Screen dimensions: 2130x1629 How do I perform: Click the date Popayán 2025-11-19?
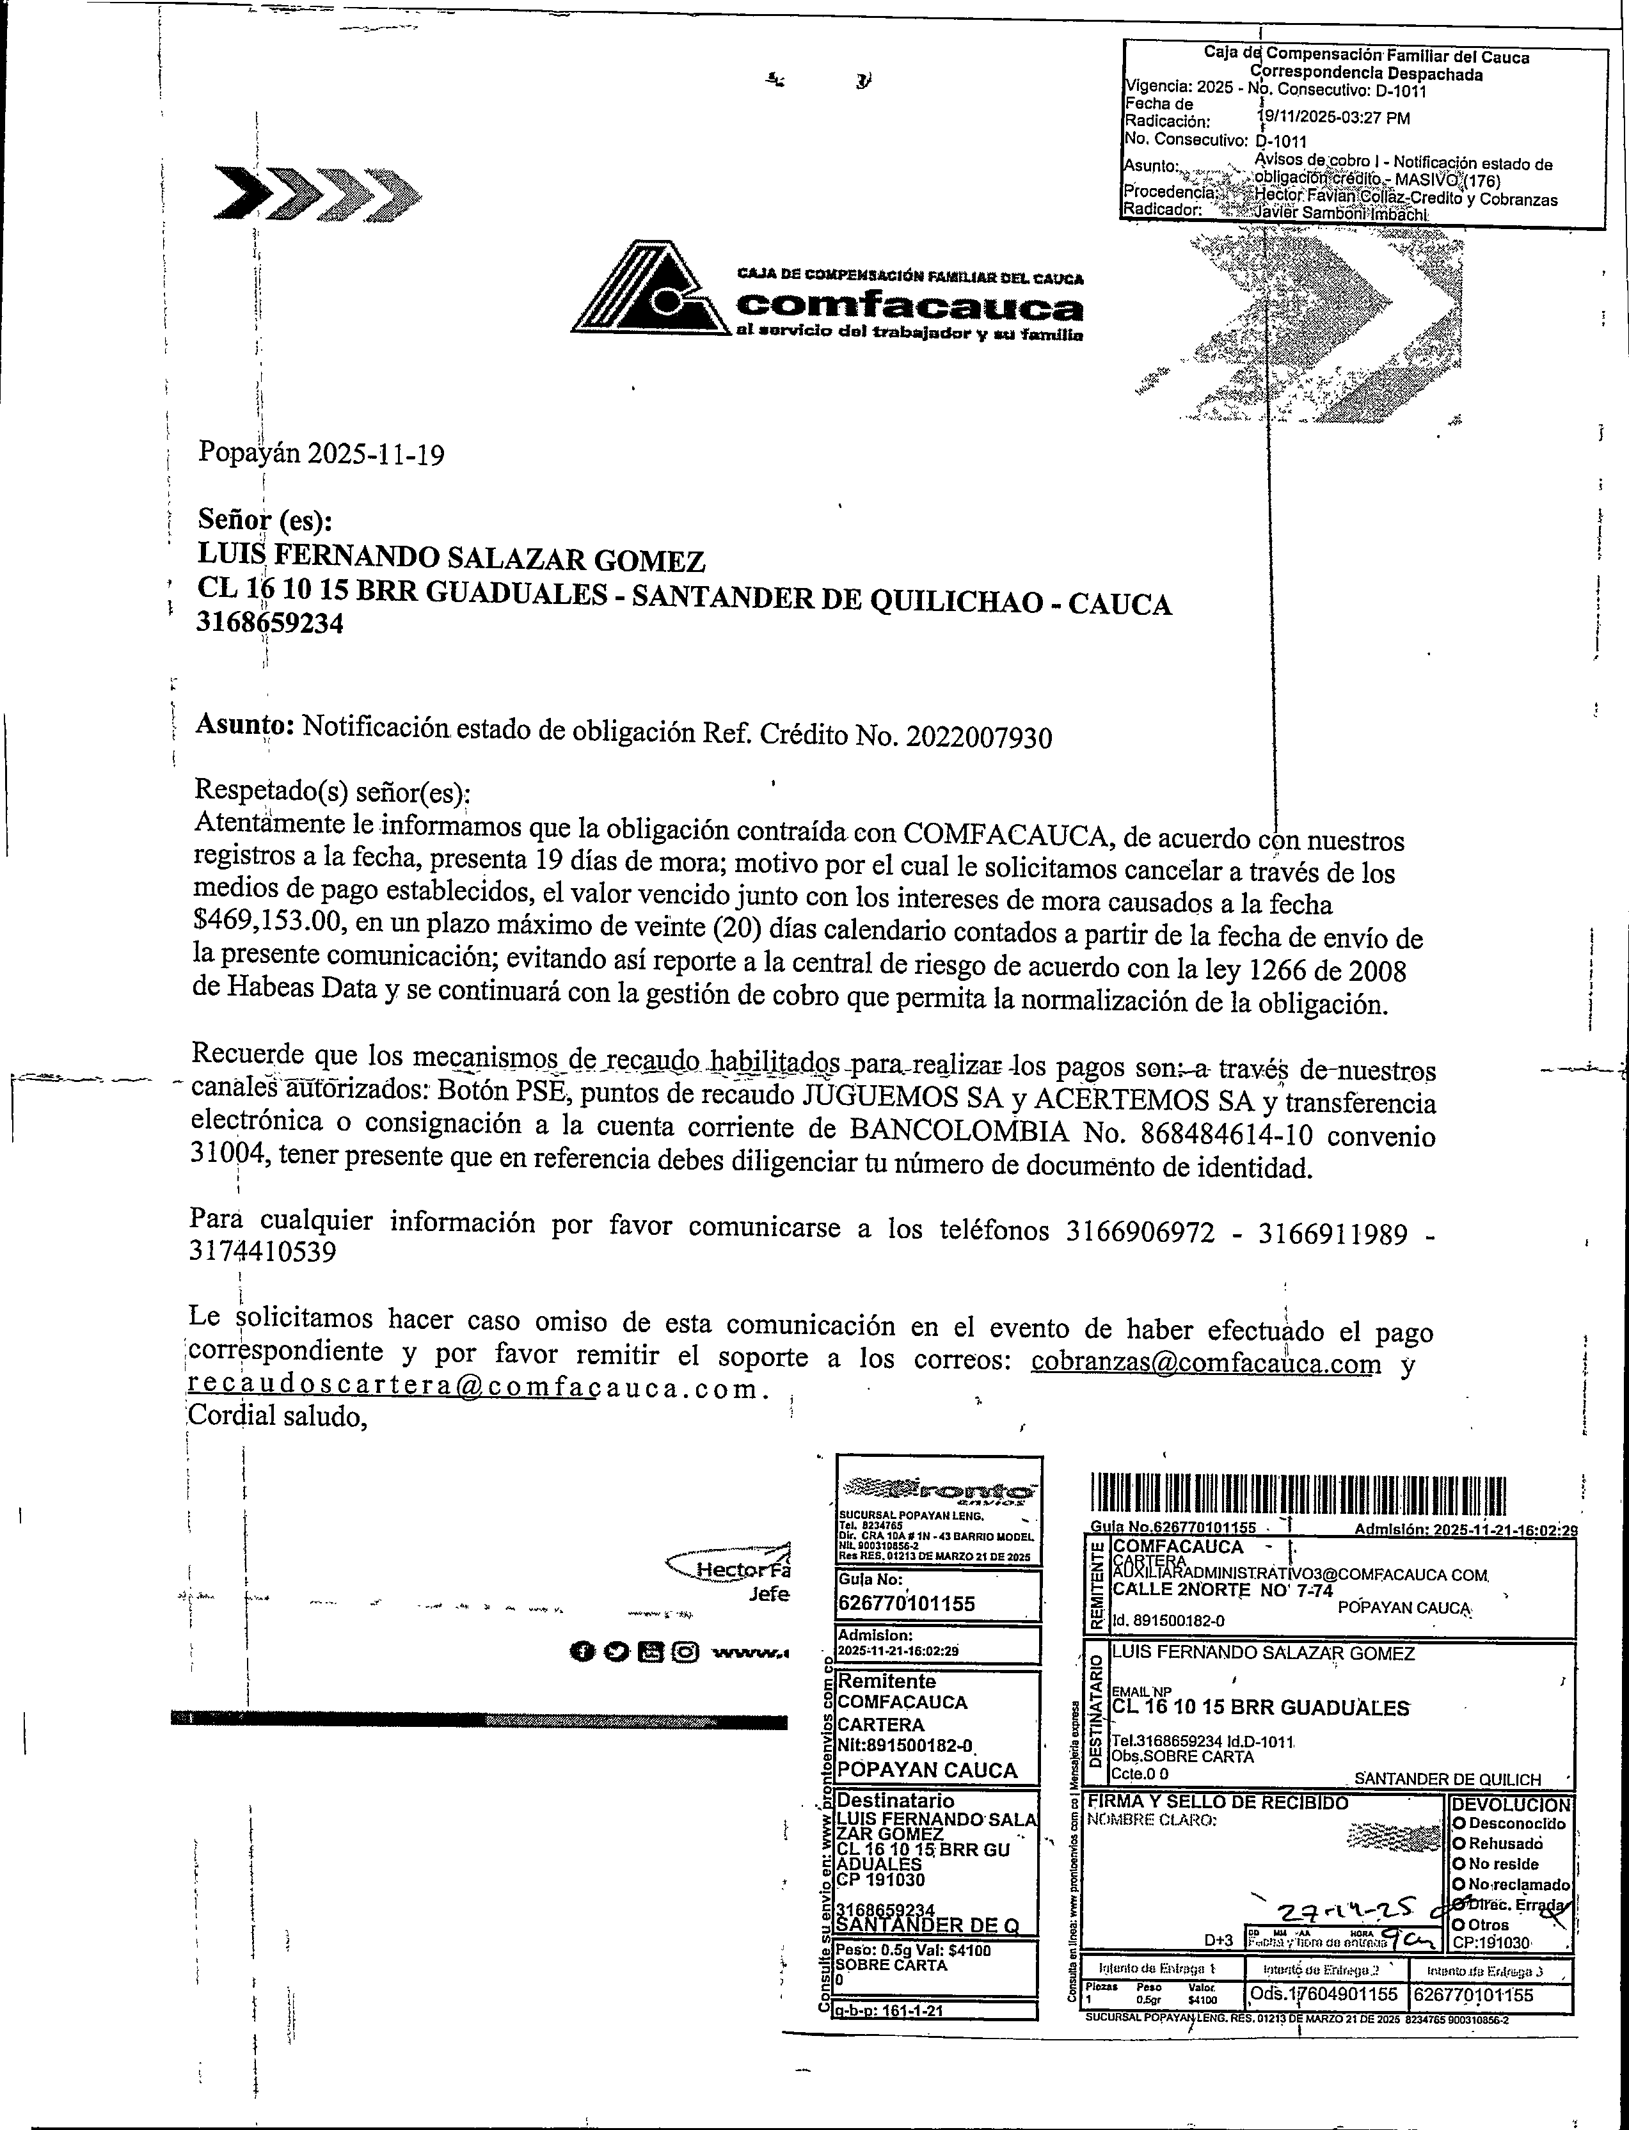pyautogui.click(x=321, y=454)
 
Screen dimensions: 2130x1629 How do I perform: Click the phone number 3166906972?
pyautogui.click(x=1140, y=1231)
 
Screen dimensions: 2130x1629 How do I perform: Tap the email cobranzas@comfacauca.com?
pyautogui.click(x=1206, y=1363)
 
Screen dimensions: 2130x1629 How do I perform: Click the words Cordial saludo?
pyautogui.click(x=277, y=1417)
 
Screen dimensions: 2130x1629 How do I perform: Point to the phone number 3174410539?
pyautogui.click(x=263, y=1253)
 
